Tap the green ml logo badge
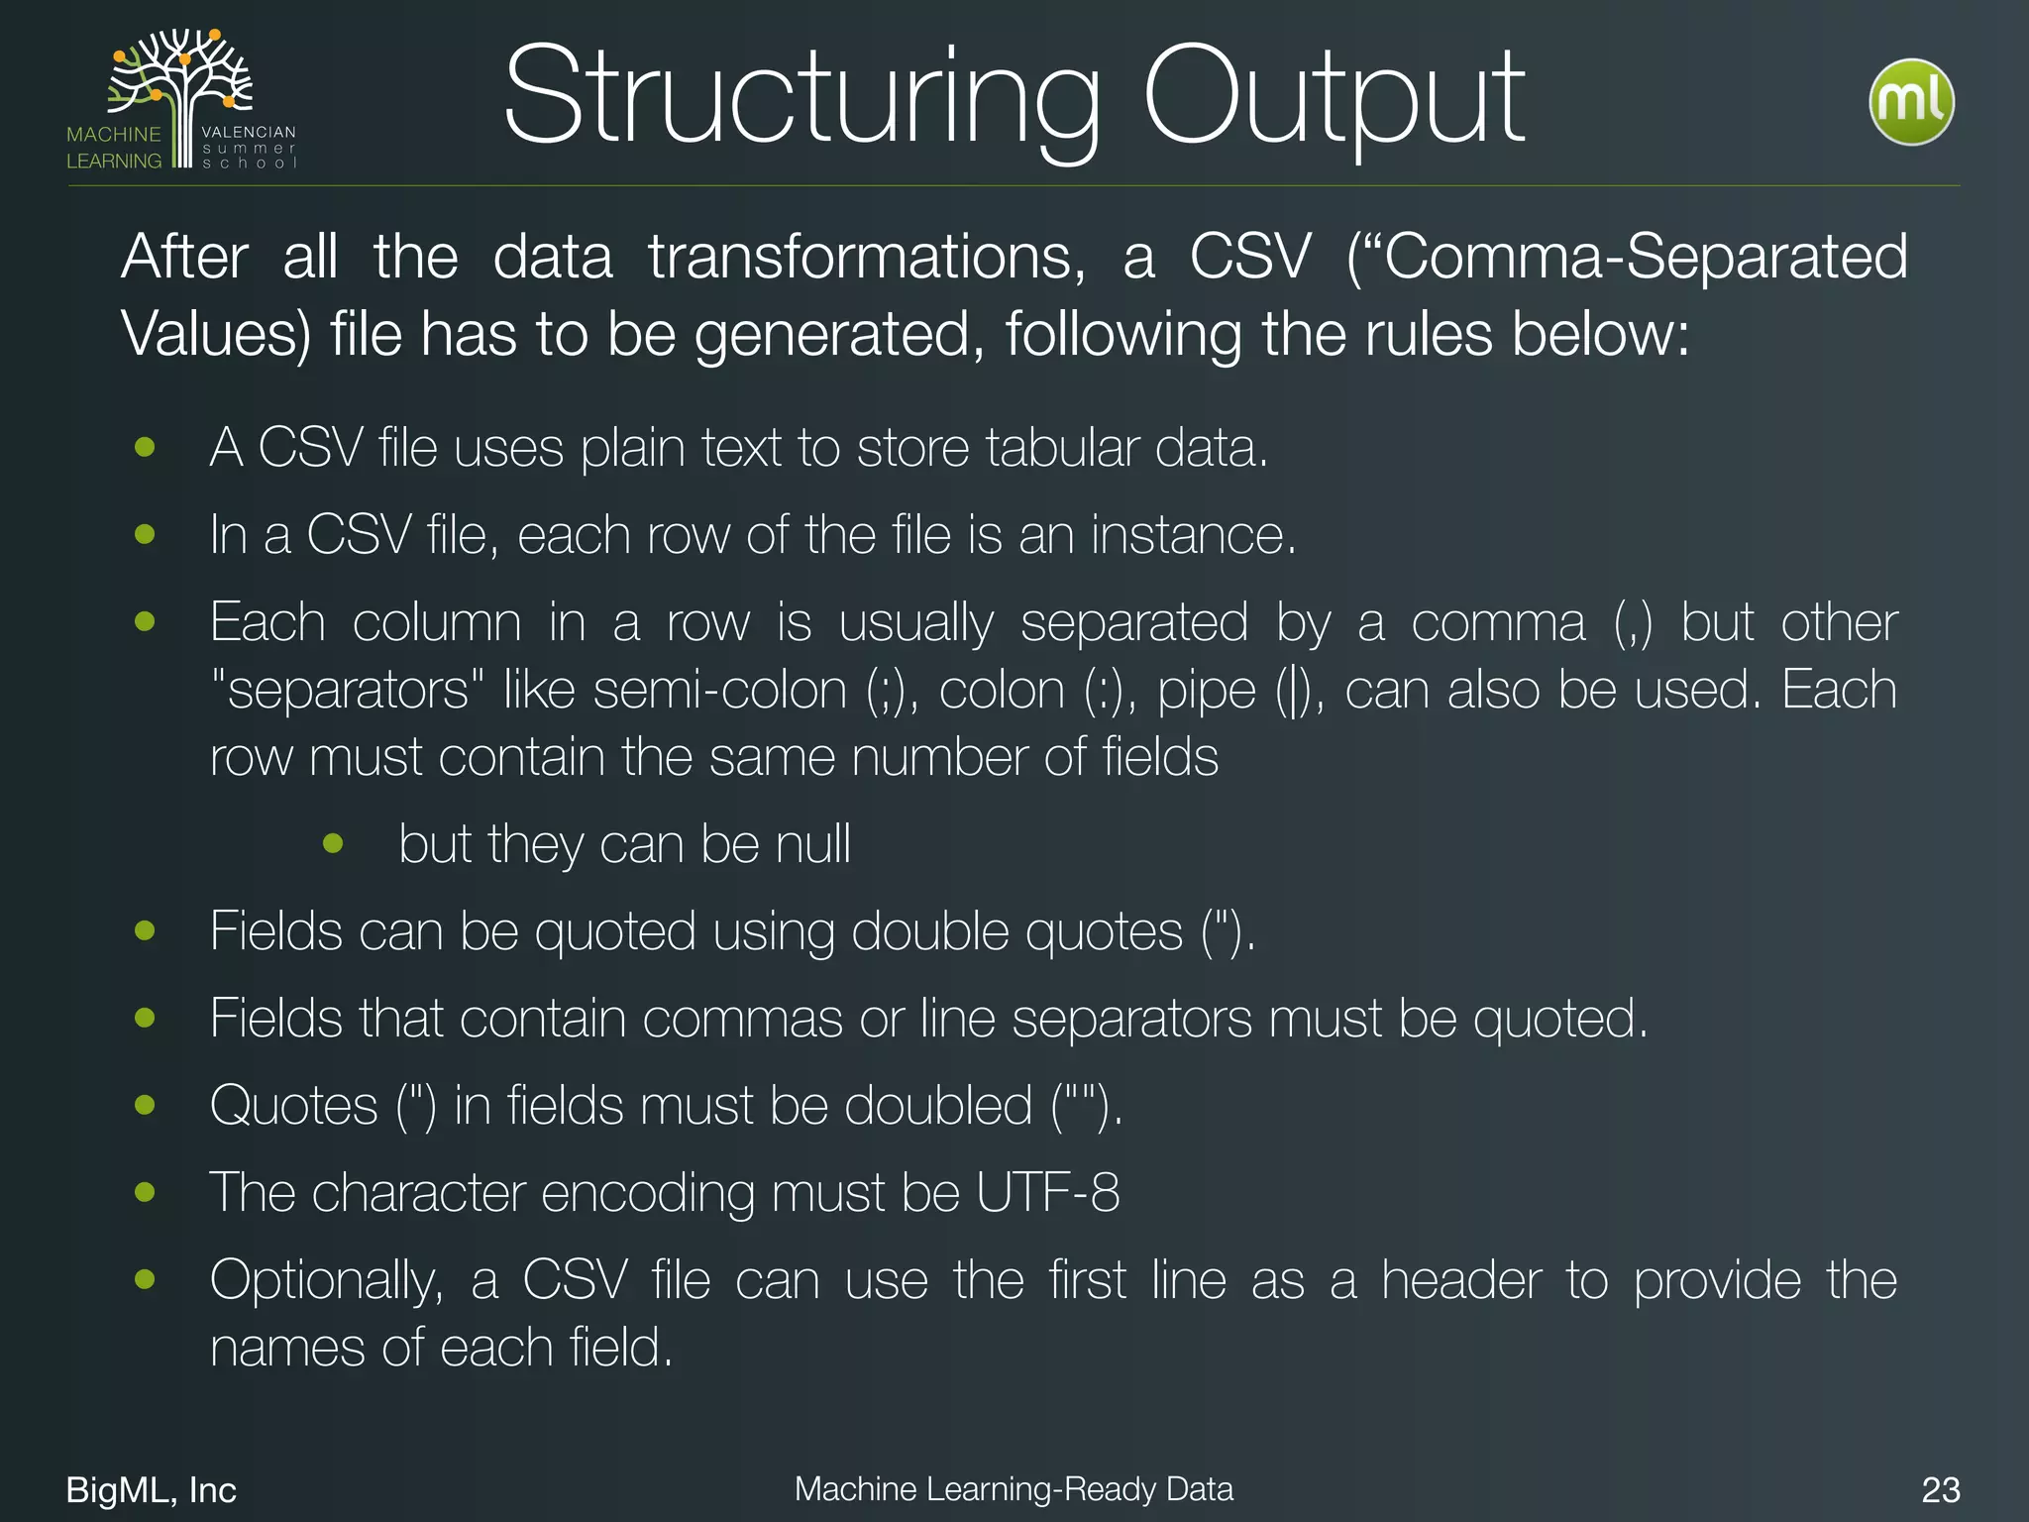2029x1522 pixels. coord(1911,102)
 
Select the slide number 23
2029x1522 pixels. coord(1940,1489)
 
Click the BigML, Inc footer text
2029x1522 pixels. coord(151,1489)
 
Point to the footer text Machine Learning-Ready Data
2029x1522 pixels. coord(1014,1488)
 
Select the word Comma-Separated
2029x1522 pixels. coord(1645,258)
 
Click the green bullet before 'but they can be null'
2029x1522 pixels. coord(333,844)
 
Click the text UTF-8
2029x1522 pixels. coord(1047,1192)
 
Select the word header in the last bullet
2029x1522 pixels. coord(1461,1279)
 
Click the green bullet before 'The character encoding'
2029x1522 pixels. coord(145,1192)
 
